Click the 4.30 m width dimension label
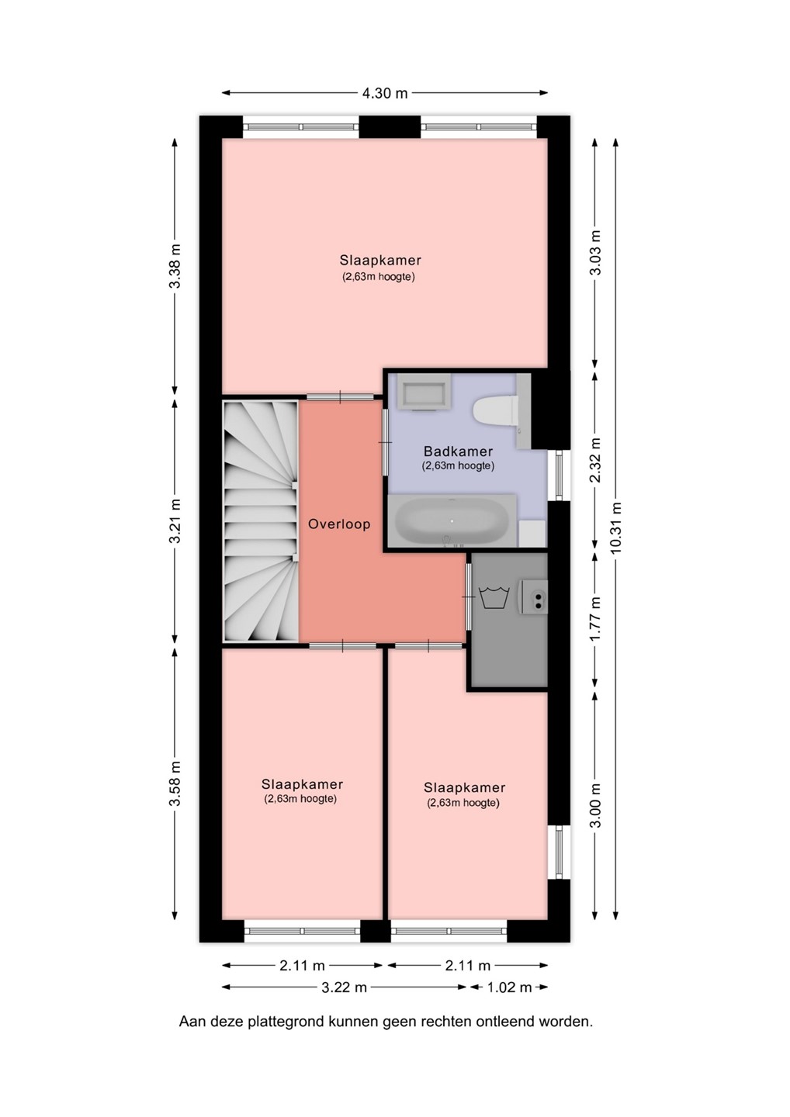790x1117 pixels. (x=385, y=93)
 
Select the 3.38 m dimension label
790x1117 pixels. (x=175, y=266)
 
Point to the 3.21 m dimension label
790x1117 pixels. (x=175, y=521)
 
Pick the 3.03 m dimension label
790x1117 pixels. (x=595, y=252)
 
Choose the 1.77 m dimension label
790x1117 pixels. (x=595, y=619)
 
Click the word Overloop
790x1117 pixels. (x=339, y=524)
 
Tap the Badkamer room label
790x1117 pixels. (x=459, y=451)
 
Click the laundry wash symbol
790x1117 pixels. (x=492, y=597)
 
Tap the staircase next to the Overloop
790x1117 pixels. (x=260, y=520)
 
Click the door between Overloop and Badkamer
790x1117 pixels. (x=386, y=442)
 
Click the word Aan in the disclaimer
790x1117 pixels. (x=190, y=1036)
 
